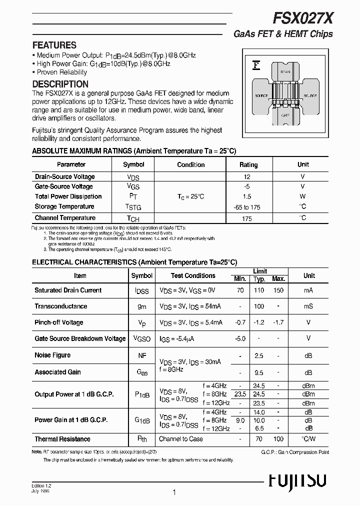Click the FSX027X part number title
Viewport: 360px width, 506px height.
303,19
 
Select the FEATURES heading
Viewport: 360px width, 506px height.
54,45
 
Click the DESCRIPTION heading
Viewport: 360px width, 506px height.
60,84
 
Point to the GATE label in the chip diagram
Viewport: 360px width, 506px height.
285,115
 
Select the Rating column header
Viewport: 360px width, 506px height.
248,164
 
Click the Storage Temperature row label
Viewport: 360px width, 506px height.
64,206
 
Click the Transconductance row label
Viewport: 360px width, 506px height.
60,306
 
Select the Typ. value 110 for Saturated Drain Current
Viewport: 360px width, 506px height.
258,290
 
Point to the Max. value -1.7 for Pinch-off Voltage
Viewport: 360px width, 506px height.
278,322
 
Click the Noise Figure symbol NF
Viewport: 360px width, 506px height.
142,355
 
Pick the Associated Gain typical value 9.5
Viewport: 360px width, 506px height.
258,372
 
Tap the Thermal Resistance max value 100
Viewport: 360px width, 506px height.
278,439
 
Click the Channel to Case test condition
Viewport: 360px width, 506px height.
180,439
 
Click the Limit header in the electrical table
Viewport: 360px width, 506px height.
259,271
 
